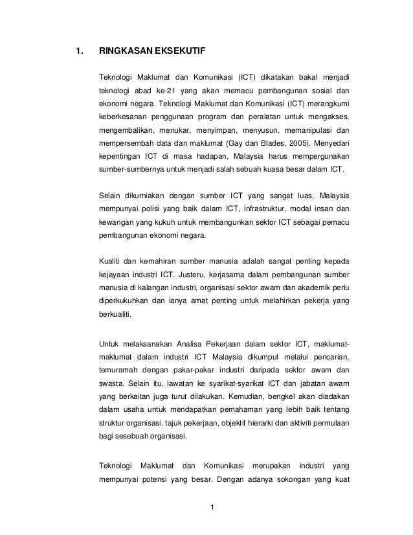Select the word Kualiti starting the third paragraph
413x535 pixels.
(x=111, y=261)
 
